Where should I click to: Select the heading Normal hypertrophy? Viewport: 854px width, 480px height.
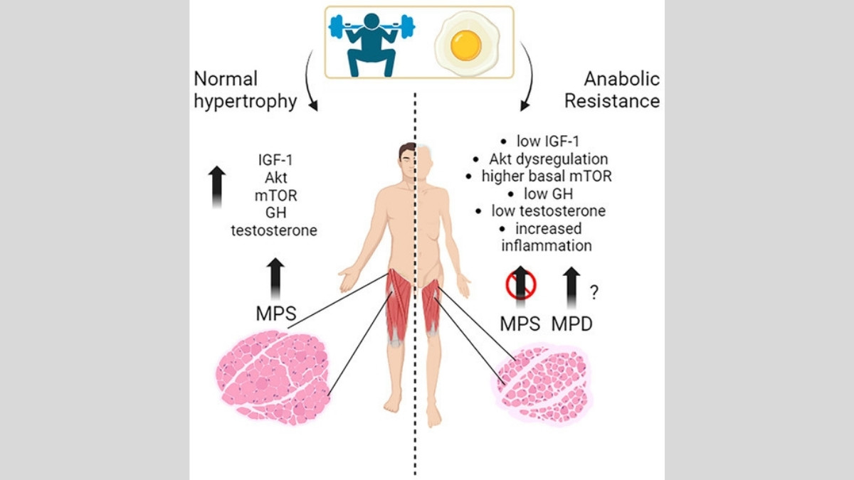point(245,90)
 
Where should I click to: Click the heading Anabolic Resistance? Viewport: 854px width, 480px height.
point(612,90)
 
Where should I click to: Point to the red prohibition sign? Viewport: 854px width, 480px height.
point(520,284)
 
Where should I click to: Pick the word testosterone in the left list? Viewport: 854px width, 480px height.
point(274,230)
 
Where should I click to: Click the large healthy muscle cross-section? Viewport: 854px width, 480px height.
point(272,376)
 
